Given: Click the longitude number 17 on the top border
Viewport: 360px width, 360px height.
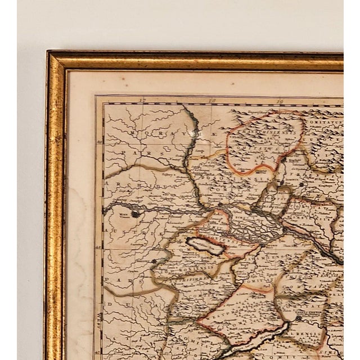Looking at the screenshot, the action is (x=144, y=101).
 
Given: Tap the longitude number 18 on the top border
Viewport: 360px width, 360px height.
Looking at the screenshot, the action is (x=211, y=101).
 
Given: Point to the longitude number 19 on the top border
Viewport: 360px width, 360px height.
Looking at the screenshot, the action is (x=280, y=101).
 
